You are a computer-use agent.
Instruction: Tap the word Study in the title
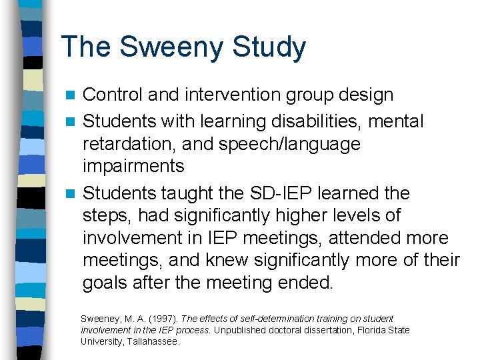[x=269, y=48]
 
